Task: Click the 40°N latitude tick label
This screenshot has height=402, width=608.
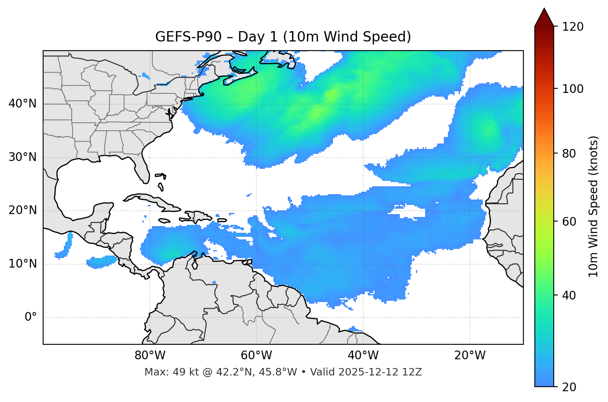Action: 22,104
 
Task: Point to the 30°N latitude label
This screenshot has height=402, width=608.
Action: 22,157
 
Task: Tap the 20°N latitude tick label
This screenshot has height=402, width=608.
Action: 22,210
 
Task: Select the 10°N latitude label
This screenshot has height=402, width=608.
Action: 22,264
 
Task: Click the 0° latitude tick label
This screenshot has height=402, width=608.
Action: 31,317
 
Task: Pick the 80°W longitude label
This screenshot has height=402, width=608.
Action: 150,356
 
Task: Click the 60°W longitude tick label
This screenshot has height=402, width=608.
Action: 256,356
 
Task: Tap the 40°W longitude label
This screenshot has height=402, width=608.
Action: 363,356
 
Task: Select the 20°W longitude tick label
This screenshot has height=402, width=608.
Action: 470,356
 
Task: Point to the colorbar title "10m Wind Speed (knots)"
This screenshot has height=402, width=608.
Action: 593,206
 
